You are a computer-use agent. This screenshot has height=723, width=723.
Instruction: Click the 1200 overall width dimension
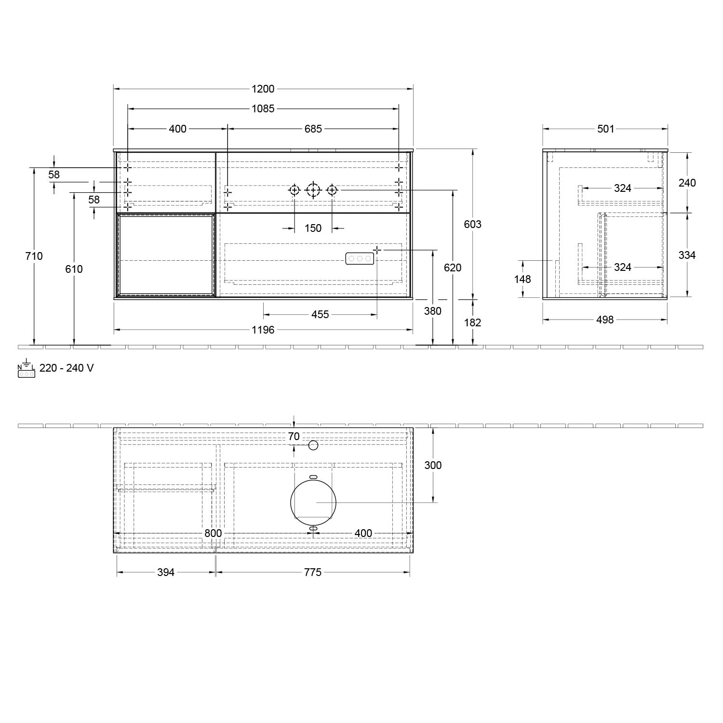click(x=263, y=89)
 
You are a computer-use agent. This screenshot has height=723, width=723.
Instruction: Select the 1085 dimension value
click(x=263, y=109)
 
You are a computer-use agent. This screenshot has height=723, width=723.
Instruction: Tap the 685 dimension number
click(x=313, y=129)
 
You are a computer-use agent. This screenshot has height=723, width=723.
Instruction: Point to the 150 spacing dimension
click(x=313, y=228)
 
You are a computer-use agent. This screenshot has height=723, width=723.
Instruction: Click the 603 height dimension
click(x=472, y=224)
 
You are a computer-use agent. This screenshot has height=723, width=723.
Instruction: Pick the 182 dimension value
click(x=472, y=322)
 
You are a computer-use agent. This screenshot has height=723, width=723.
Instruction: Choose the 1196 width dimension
click(x=263, y=330)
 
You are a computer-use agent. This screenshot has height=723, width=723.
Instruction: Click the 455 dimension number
click(x=320, y=315)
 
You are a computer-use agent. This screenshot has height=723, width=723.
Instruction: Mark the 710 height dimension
click(x=34, y=256)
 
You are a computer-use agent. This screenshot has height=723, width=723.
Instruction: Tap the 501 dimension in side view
click(x=605, y=129)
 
